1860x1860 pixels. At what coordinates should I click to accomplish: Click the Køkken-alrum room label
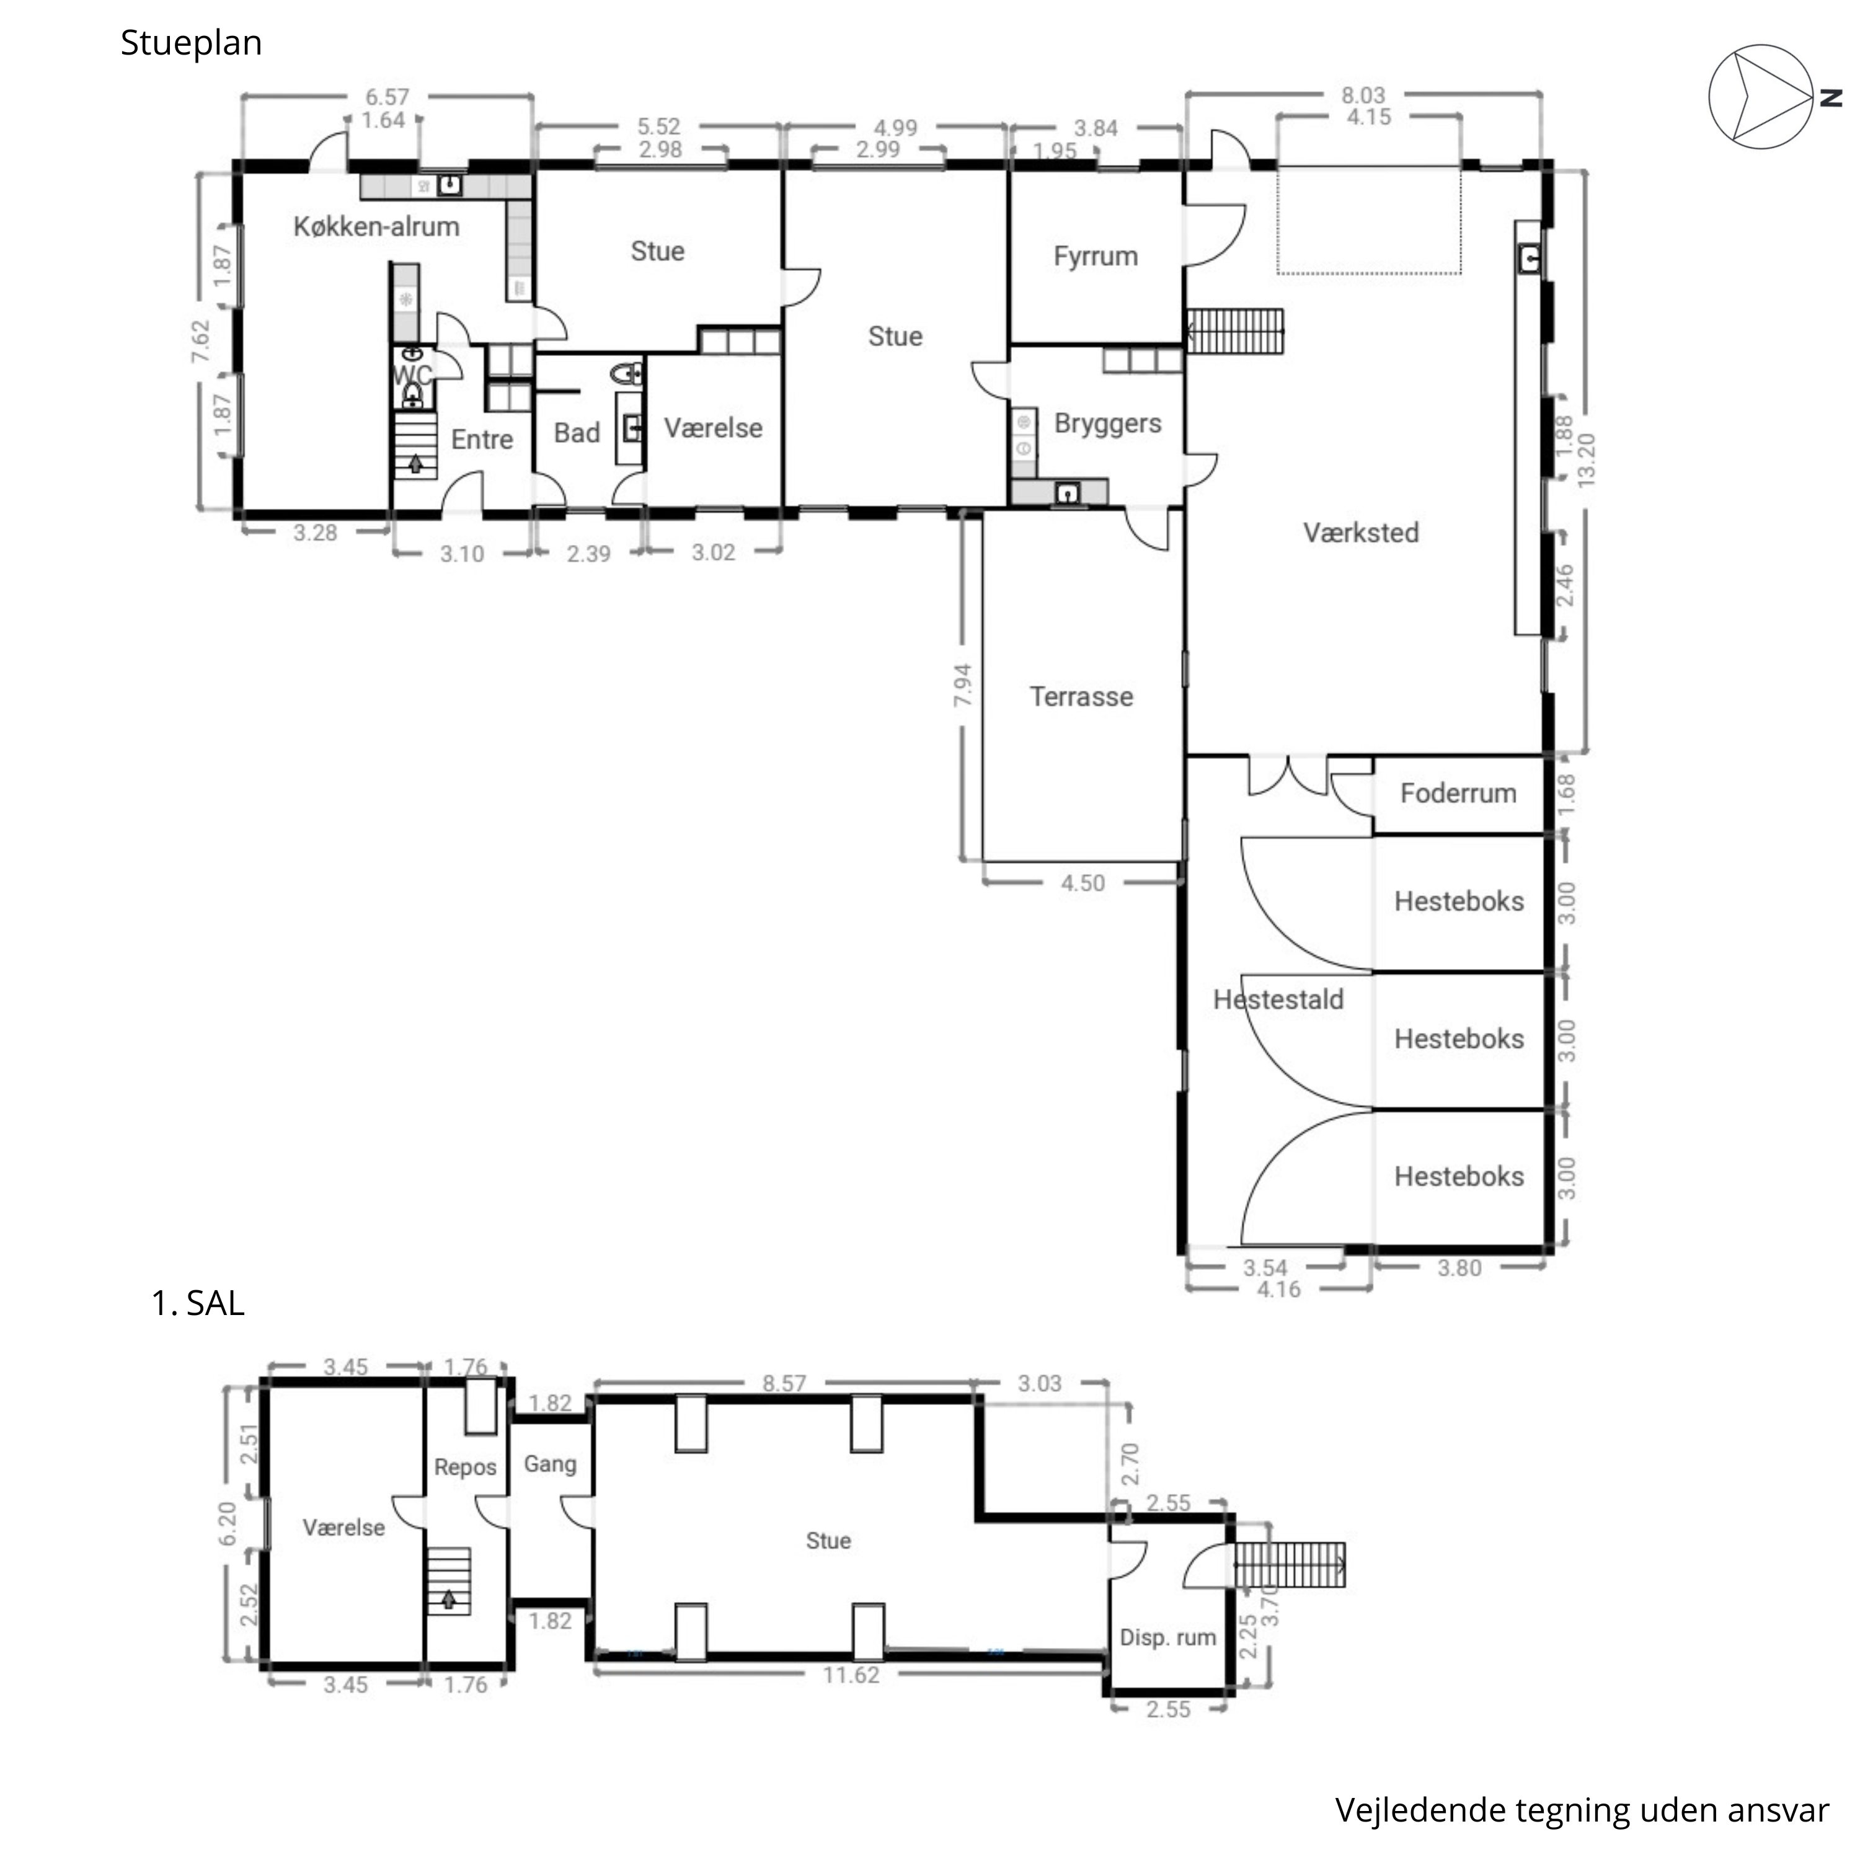point(376,227)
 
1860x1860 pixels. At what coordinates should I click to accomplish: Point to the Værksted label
point(1362,533)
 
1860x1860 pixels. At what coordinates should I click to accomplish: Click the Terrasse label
point(1081,697)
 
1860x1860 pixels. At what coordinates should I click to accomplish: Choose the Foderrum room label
point(1458,794)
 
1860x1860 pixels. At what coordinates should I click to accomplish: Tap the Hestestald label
point(1278,999)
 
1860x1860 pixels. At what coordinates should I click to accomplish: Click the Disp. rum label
point(1168,1637)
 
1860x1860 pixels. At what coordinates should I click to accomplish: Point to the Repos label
point(465,1467)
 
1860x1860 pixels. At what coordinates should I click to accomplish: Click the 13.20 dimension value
point(1587,459)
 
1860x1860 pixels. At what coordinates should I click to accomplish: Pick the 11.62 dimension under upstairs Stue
point(851,1675)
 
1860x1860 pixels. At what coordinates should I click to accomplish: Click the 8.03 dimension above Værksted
point(1363,95)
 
